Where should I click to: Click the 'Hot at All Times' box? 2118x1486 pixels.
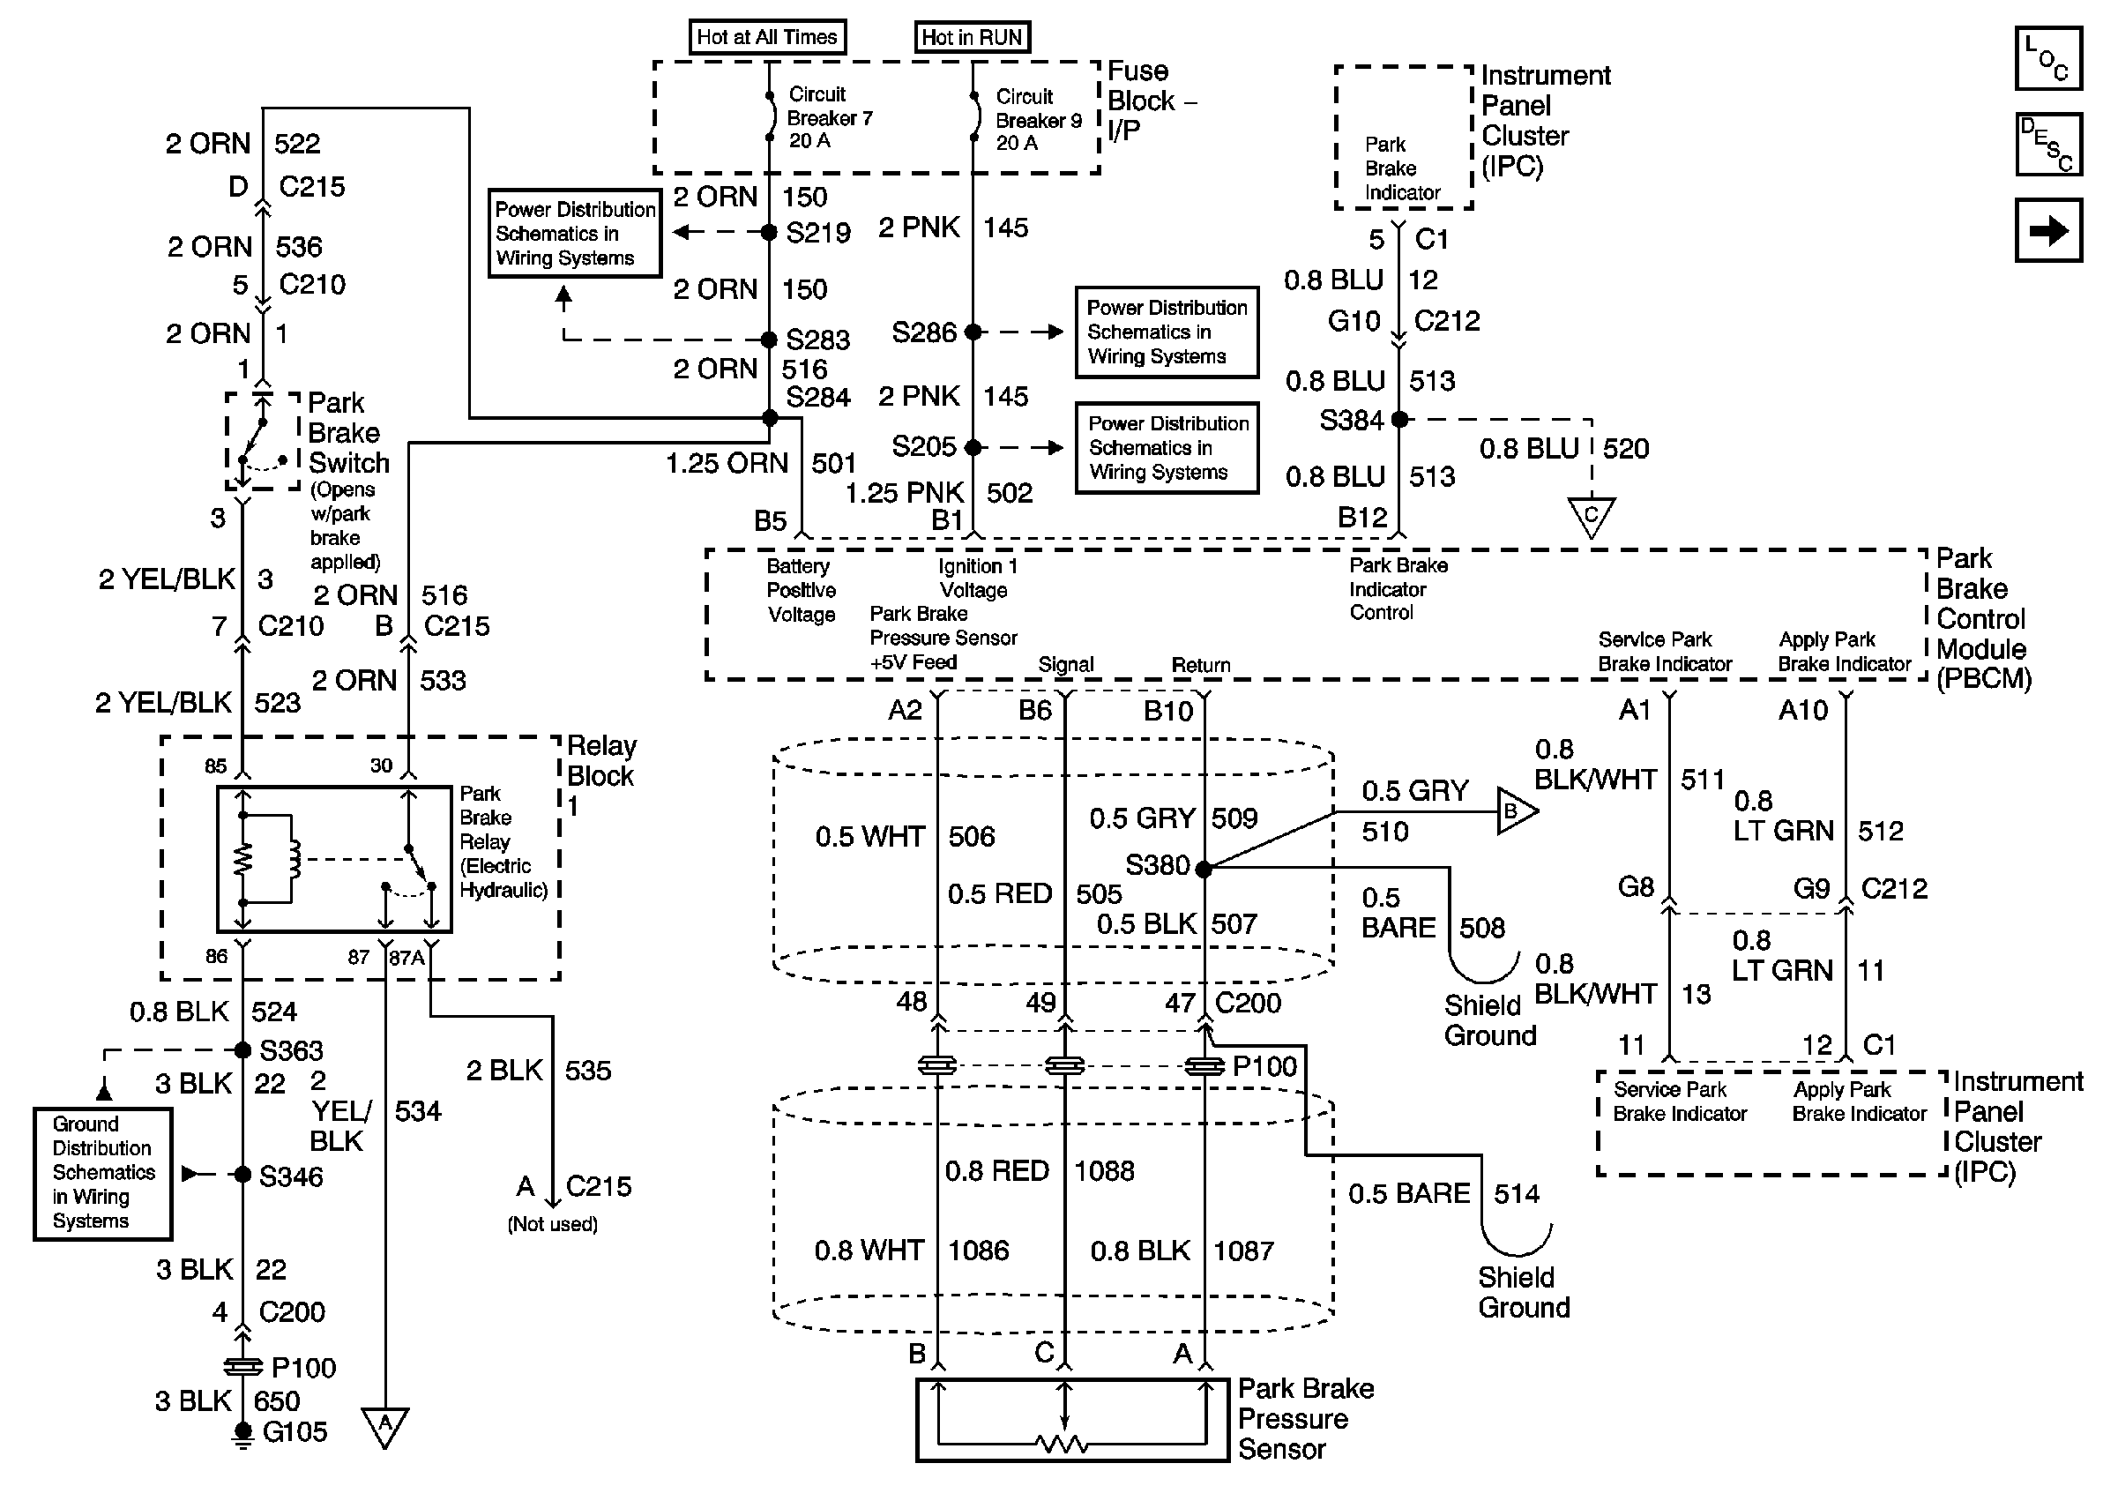click(767, 37)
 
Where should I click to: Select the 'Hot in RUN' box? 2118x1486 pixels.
click(973, 37)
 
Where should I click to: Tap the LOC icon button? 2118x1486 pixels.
click(2047, 58)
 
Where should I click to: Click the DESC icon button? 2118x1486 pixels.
click(2047, 144)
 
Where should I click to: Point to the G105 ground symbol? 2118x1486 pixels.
click(242, 1434)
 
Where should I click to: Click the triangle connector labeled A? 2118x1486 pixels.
click(385, 1426)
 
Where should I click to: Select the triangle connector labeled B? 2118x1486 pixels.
click(1517, 811)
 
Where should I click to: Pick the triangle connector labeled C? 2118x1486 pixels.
click(1592, 518)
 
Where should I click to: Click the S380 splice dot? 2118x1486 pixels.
click(1204, 869)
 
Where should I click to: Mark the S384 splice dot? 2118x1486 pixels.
click(1399, 420)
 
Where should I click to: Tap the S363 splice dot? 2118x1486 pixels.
click(242, 1049)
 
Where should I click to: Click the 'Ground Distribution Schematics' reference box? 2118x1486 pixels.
click(102, 1173)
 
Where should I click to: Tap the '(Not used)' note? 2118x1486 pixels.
click(553, 1224)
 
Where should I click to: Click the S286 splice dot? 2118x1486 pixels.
click(973, 332)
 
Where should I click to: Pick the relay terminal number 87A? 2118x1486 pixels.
click(406, 958)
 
